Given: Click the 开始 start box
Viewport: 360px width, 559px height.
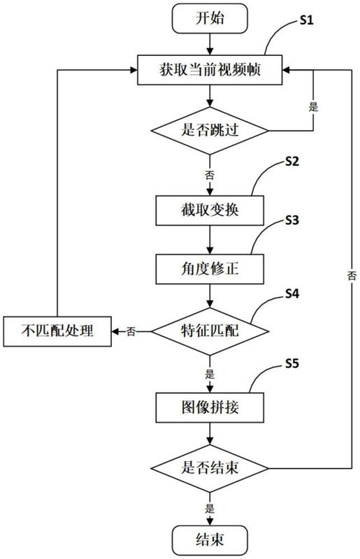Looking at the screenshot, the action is [210, 18].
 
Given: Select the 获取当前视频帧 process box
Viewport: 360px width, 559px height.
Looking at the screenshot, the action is [210, 70].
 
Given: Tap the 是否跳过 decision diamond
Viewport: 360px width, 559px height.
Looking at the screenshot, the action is [210, 131].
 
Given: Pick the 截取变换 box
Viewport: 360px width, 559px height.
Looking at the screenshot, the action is [210, 210].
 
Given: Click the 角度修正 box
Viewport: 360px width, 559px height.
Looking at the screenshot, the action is [210, 269].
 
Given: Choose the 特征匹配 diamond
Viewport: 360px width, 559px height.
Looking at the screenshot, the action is [210, 331].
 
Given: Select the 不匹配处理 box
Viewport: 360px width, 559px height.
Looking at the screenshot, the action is [57, 331].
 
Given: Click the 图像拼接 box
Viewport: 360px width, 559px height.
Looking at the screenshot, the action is [210, 407].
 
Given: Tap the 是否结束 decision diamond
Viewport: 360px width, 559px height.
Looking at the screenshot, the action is [210, 468].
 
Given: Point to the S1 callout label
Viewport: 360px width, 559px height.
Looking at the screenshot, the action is [306, 20].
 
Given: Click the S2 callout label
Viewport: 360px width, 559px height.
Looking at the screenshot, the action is [292, 162].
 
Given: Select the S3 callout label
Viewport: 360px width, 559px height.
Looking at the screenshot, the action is [292, 220].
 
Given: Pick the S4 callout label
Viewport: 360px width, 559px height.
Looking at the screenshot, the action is [292, 293].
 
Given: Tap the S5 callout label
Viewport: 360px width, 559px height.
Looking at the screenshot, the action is [292, 363].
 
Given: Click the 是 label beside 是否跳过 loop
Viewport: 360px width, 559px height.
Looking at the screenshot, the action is [313, 107].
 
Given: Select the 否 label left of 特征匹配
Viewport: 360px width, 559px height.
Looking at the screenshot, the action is [131, 332].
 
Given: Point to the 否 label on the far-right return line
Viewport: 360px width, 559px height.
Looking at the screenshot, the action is [352, 275].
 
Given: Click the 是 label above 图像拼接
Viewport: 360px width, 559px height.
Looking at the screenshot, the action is [210, 375].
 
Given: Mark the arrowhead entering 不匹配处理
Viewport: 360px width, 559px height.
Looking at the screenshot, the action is [115, 331].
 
